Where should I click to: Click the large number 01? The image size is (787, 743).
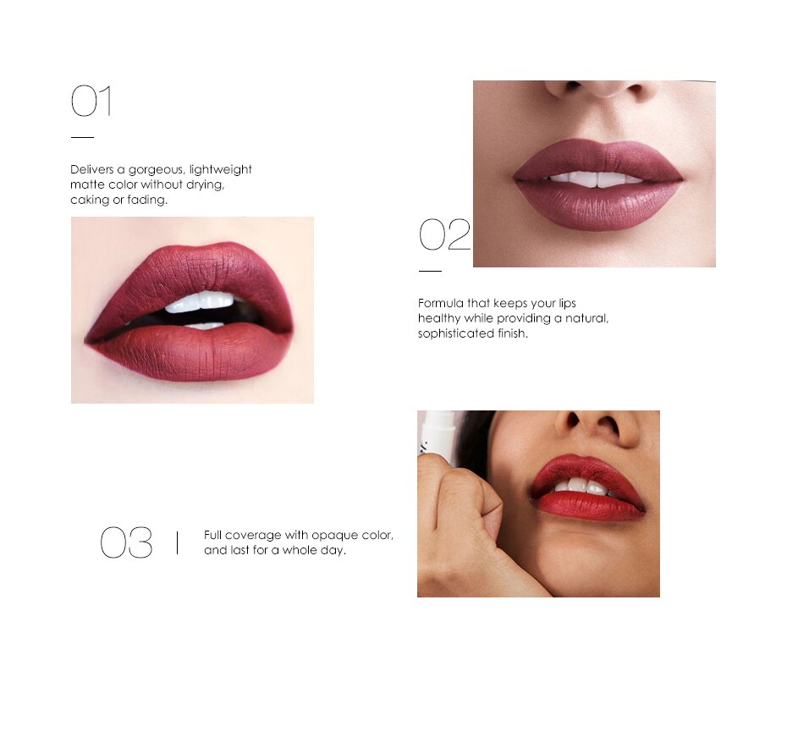[x=91, y=102]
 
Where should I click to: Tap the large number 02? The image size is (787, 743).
[x=444, y=234]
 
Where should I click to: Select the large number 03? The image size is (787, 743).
[x=126, y=543]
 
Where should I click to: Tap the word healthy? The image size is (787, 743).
[x=438, y=318]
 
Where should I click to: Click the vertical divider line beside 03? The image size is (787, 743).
[x=177, y=542]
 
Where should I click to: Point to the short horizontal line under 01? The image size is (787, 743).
[x=82, y=136]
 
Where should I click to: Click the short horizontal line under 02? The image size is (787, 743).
[x=430, y=271]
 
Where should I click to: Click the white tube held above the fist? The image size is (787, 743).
[x=438, y=436]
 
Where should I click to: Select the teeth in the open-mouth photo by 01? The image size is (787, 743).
[x=200, y=302]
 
